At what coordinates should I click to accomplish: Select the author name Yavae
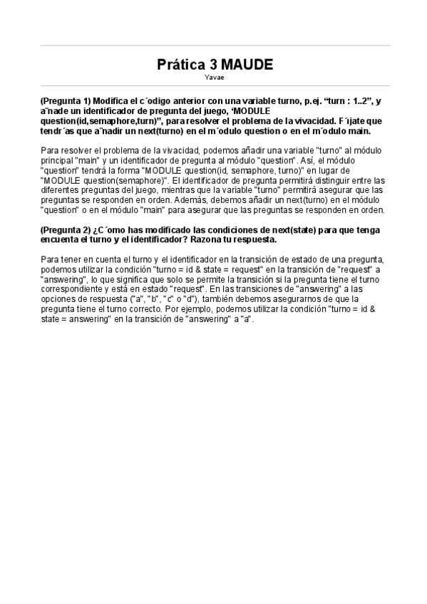tap(214, 77)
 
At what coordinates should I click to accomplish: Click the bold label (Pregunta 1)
tap(65, 102)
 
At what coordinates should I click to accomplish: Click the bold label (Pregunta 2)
tap(65, 230)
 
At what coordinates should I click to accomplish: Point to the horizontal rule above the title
tap(214, 46)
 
